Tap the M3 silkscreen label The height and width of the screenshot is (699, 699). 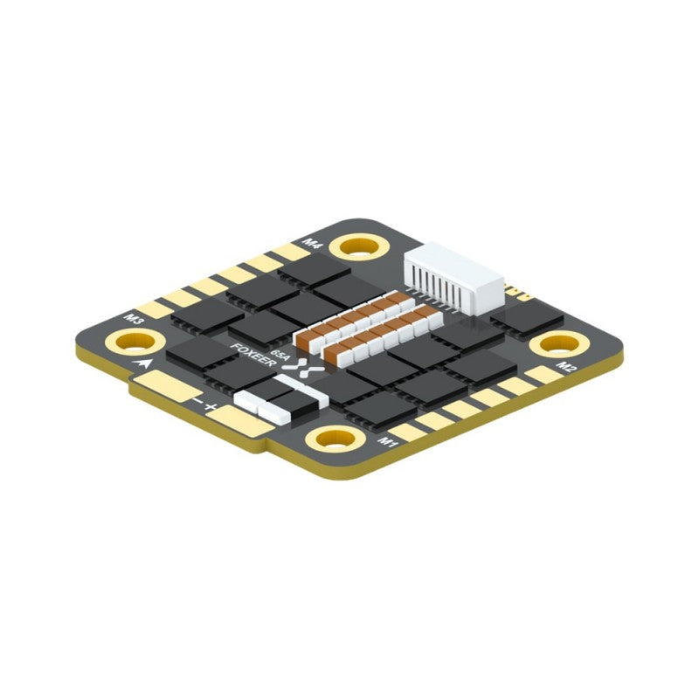coord(135,319)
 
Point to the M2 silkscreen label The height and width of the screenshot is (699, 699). coord(566,367)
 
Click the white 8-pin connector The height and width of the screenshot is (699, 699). coord(454,278)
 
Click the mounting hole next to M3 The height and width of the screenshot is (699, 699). coord(124,341)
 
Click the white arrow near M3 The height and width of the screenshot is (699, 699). coord(139,359)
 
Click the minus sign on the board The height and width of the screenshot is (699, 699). coord(198,400)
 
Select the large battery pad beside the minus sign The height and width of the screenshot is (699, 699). coord(162,384)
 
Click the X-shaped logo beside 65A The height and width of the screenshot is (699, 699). coord(301,367)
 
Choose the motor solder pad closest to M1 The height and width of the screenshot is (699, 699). coord(407,430)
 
